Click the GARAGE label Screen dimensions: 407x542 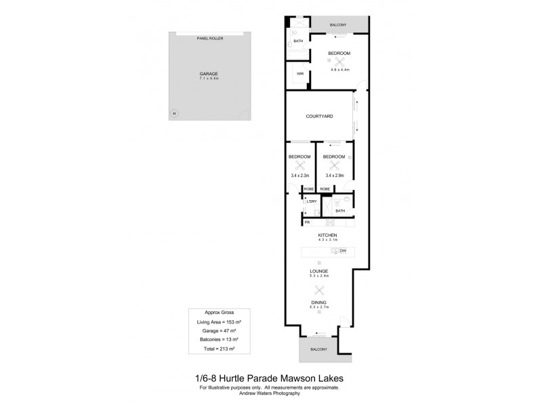tap(209, 73)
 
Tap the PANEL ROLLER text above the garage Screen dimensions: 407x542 tap(209, 39)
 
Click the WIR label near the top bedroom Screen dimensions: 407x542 tap(299, 73)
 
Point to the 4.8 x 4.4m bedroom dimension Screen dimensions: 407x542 tap(339, 69)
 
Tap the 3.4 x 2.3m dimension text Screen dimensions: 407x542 tap(299, 175)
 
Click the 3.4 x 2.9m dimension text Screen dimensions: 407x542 tap(334, 175)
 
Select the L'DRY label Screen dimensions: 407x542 tap(312, 201)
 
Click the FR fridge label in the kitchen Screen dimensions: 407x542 tap(307, 222)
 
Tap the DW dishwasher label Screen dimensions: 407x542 tap(343, 251)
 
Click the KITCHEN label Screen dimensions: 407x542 tap(327, 235)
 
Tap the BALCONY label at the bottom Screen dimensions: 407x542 tap(318, 349)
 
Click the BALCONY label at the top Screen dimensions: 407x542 tap(338, 25)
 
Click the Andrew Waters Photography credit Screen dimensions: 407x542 tap(270, 393)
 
